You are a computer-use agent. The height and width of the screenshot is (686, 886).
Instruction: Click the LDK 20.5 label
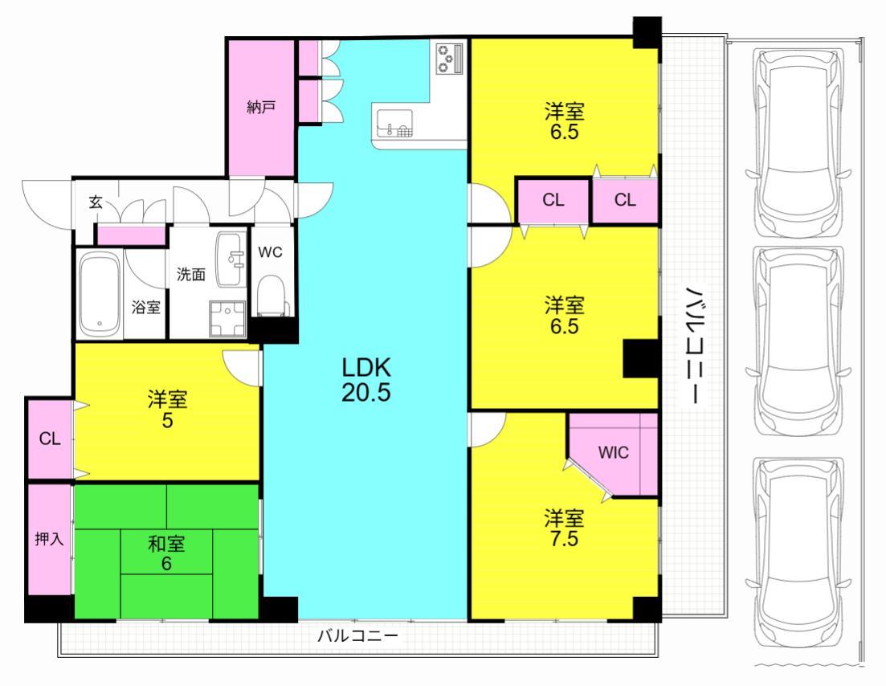(366, 380)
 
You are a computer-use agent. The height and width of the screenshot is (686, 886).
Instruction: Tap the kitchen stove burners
(450, 58)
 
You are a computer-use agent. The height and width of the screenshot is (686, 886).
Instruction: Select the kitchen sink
(394, 123)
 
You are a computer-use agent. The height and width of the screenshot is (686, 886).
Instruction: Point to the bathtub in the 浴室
(100, 295)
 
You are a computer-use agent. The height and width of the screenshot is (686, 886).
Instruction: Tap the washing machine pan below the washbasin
(227, 319)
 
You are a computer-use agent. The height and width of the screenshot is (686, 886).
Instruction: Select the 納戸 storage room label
(261, 107)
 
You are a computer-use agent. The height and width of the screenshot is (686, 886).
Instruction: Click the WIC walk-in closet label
(613, 452)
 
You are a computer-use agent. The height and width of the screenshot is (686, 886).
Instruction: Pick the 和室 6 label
(166, 553)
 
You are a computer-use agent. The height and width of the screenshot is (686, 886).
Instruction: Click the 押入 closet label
(49, 539)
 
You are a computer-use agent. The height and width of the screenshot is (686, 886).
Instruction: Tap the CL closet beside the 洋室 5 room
(50, 439)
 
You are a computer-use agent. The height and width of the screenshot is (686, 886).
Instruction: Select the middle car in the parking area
(798, 341)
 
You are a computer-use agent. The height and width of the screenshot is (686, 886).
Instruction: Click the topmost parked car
(798, 143)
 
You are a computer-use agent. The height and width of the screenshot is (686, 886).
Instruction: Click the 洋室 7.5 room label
(565, 529)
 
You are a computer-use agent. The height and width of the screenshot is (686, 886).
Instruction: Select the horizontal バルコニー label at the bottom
(357, 635)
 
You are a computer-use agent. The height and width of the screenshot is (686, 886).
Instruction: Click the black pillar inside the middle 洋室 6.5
(641, 358)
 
